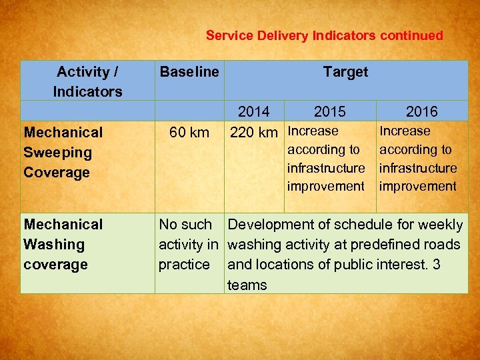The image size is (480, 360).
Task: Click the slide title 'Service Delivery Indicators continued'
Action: point(324,35)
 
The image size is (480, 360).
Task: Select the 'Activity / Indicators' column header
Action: point(87,81)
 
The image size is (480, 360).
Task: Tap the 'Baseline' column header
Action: point(189,71)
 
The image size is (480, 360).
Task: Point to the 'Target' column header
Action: point(345,71)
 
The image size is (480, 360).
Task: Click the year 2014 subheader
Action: point(253,111)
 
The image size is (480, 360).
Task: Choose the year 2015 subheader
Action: point(330,111)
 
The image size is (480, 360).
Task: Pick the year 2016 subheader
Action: point(422,111)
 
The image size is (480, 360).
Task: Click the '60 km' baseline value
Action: point(189,132)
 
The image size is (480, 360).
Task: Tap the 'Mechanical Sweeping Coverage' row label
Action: point(63,152)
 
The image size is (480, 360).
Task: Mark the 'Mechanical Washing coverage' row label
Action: point(63,244)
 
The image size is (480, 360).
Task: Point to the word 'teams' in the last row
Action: point(247,285)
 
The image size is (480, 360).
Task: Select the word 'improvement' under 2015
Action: point(326,186)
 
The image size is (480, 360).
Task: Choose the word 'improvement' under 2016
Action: point(418,186)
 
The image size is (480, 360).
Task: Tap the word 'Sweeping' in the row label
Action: point(57,152)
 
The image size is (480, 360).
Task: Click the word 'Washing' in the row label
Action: point(54,245)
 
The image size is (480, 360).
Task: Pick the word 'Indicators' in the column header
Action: point(87,91)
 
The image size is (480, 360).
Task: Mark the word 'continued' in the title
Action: point(411,35)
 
